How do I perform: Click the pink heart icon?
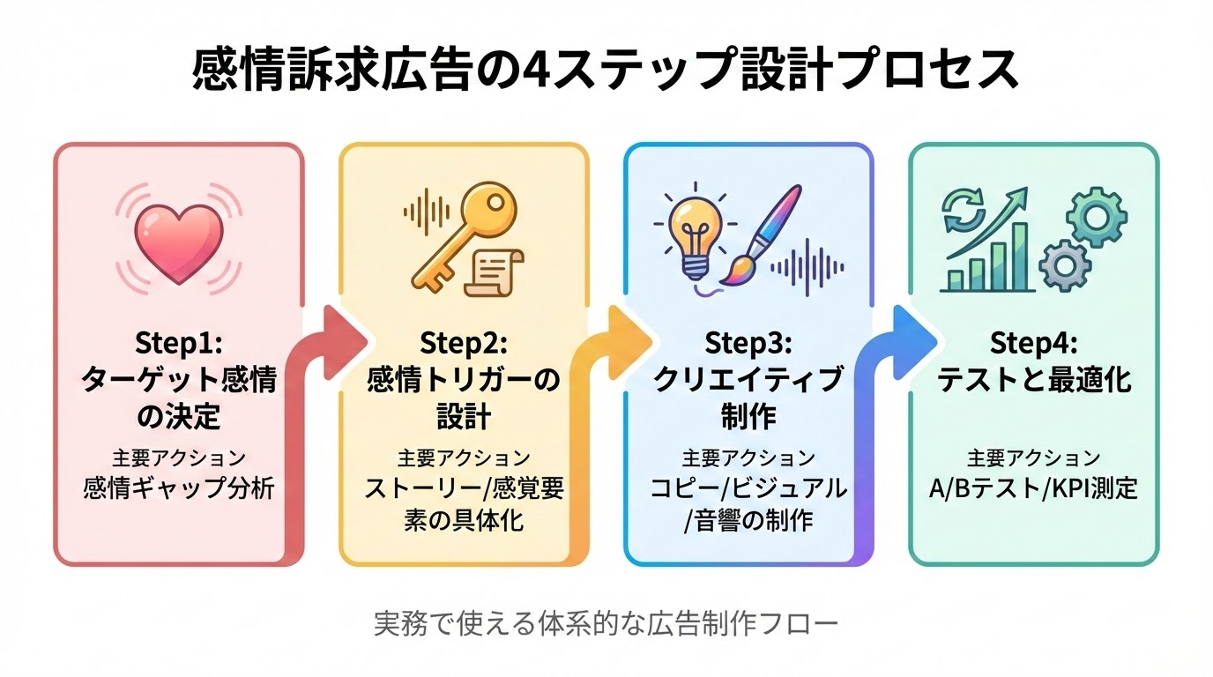coord(179,242)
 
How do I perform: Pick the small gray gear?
coord(1065,265)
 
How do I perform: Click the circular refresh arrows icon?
coord(965,212)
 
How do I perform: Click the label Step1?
coord(179,342)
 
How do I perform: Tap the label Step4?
coord(1033,342)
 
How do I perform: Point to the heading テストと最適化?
coord(1033,381)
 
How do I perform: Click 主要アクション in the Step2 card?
coord(464,458)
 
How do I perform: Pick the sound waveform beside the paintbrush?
coord(807,264)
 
